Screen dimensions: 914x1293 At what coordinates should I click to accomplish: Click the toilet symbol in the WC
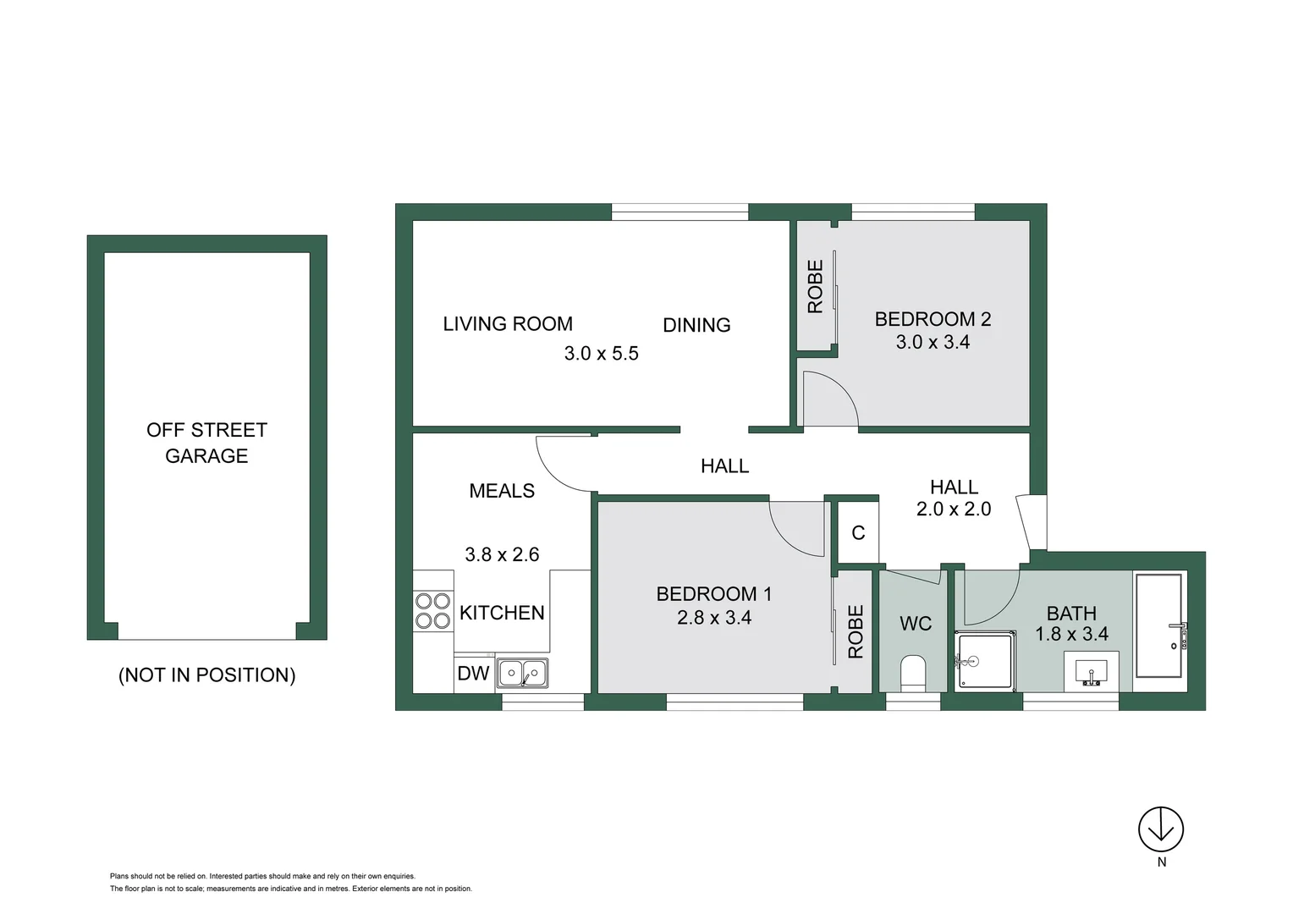(x=913, y=673)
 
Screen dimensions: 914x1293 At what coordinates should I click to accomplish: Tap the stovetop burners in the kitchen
(x=432, y=611)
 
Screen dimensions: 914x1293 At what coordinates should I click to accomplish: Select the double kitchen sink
(x=522, y=674)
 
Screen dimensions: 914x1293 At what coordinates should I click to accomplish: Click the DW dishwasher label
(x=473, y=674)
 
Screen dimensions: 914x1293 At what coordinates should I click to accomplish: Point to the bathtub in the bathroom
(x=1158, y=626)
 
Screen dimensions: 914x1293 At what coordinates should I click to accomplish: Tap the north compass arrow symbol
(x=1160, y=829)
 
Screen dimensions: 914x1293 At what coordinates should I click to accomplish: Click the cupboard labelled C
(x=858, y=532)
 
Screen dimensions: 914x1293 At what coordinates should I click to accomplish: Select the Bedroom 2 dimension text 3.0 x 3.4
(x=933, y=343)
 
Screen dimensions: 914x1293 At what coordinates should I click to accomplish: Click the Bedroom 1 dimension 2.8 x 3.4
(x=714, y=618)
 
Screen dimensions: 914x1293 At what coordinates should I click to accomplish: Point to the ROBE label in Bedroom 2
(x=816, y=287)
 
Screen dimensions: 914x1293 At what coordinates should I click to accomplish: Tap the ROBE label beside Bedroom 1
(x=856, y=631)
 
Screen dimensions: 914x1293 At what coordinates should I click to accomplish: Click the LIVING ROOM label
(x=508, y=324)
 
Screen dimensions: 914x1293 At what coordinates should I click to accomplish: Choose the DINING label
(x=696, y=325)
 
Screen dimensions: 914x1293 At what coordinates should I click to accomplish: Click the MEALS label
(x=502, y=491)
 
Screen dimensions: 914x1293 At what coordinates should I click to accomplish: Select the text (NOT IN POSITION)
(x=206, y=675)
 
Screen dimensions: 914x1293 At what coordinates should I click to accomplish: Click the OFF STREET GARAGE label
(x=206, y=443)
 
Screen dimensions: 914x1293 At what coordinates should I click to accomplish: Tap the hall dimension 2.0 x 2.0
(x=954, y=509)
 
